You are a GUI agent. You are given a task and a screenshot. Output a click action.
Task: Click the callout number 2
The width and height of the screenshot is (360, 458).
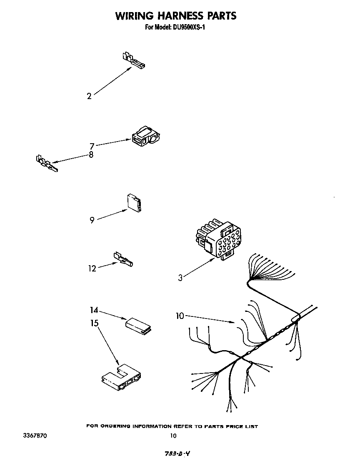[x=89, y=96]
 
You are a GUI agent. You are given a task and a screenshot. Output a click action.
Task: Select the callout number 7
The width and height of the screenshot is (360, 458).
[x=92, y=146]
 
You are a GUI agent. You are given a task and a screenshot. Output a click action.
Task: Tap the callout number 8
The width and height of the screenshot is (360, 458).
[x=91, y=154]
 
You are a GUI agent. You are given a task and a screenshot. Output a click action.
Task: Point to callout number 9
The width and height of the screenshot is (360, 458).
[x=92, y=220]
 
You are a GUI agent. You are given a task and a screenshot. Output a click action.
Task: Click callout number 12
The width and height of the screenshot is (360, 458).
[x=92, y=269]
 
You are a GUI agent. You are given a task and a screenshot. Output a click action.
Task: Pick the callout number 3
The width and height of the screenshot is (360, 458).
[x=180, y=278]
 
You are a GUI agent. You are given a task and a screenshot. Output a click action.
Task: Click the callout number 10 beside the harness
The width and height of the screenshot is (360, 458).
[x=180, y=316]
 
